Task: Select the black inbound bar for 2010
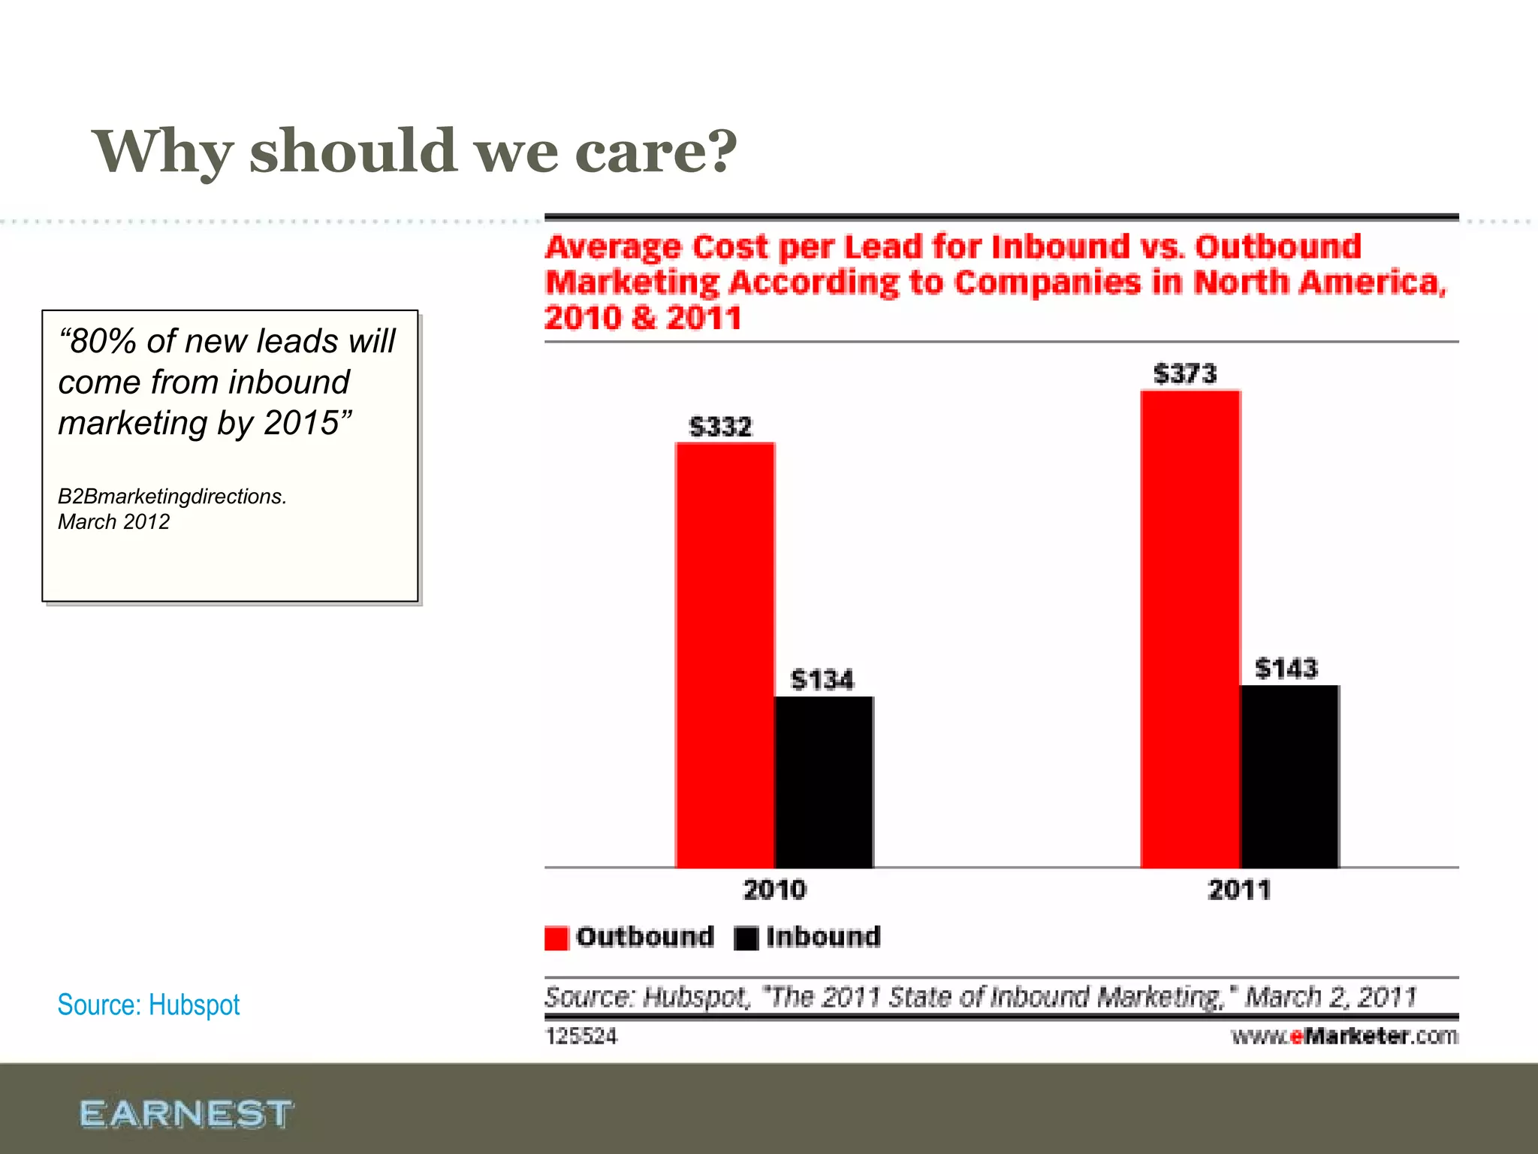click(824, 781)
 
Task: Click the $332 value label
click(720, 427)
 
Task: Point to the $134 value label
click(822, 680)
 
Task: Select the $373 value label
click(1185, 373)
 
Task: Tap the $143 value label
click(1286, 669)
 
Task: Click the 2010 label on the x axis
click(774, 890)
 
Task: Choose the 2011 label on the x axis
click(1239, 890)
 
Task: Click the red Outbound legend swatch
click(556, 938)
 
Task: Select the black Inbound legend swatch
click(746, 938)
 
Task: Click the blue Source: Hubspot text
click(149, 1005)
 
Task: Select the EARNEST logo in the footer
click(186, 1113)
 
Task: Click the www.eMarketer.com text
click(1344, 1037)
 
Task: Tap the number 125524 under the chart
click(581, 1037)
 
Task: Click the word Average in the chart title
click(614, 247)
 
